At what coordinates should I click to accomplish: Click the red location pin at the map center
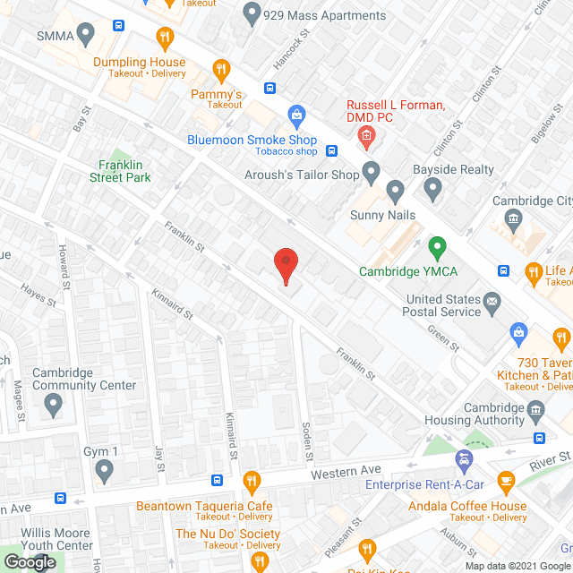pyautogui.click(x=286, y=263)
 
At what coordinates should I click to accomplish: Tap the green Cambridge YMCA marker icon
pyautogui.click(x=437, y=245)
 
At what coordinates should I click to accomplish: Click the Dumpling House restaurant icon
pyautogui.click(x=164, y=38)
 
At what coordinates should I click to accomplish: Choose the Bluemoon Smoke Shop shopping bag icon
pyautogui.click(x=296, y=115)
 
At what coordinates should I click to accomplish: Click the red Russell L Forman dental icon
pyautogui.click(x=365, y=135)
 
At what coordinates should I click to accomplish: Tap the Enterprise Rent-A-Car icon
pyautogui.click(x=464, y=460)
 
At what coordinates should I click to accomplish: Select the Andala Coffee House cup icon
pyautogui.click(x=506, y=482)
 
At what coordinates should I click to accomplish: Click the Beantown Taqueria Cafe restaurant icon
pyautogui.click(x=252, y=482)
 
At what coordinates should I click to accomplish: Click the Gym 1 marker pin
pyautogui.click(x=105, y=469)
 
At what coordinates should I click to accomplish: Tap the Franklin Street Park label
pyautogui.click(x=113, y=171)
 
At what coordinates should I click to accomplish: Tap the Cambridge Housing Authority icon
pyautogui.click(x=536, y=411)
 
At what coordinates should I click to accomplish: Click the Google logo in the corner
pyautogui.click(x=30, y=561)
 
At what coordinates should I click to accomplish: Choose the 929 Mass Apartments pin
pyautogui.click(x=252, y=15)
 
